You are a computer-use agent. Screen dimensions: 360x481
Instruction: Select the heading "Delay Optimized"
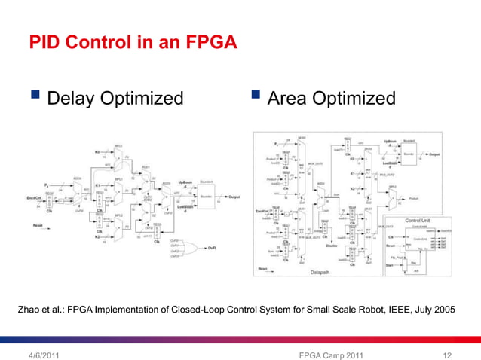(x=115, y=99)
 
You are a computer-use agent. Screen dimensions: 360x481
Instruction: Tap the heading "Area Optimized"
(x=331, y=99)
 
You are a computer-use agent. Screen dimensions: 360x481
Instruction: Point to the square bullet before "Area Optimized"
(x=256, y=97)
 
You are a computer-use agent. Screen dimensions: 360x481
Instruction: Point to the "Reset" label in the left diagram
(x=38, y=224)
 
